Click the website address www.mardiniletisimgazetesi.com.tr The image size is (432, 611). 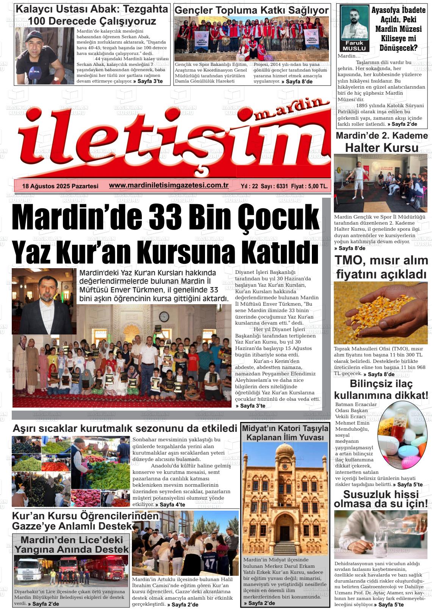169,185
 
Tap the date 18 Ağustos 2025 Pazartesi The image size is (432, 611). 60,186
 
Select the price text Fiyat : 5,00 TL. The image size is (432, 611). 310,186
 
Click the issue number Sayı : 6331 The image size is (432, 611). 274,186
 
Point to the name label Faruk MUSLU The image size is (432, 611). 354,46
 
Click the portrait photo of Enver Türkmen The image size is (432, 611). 44,301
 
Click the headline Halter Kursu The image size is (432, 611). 382,147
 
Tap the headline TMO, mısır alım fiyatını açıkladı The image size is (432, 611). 381,267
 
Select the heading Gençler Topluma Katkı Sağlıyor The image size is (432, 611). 251,11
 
